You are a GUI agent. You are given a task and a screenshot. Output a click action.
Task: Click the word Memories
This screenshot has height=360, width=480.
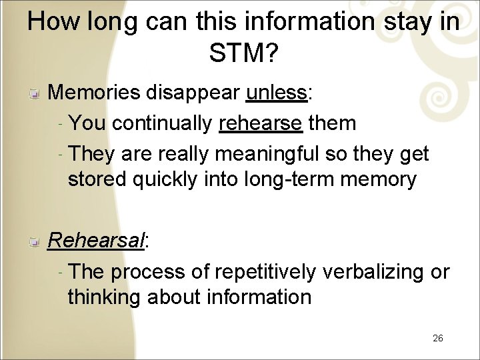(x=95, y=93)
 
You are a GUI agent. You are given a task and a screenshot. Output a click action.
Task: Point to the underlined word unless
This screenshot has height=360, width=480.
(x=275, y=93)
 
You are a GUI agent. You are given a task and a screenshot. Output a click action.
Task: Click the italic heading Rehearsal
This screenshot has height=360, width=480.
(x=96, y=241)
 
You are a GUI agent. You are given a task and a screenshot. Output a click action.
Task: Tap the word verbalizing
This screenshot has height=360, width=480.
(x=373, y=272)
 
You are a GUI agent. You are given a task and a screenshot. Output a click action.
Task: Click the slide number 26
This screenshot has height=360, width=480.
(x=437, y=338)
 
